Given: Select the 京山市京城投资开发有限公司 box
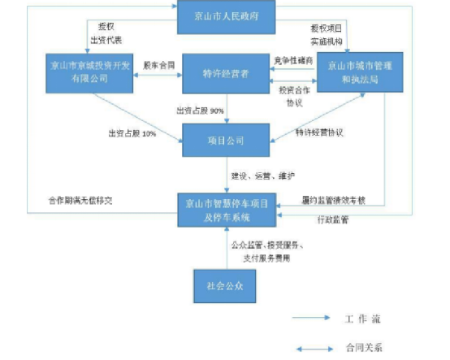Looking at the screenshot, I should tap(89, 70).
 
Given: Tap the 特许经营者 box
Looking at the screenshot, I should tap(224, 72).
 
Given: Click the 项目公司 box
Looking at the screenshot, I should tap(224, 140).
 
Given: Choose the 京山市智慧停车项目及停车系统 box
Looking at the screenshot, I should tap(224, 209).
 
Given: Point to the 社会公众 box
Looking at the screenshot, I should tap(224, 285).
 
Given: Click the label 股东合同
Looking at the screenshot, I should tap(158, 64).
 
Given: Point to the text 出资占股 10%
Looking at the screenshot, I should tap(131, 132).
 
